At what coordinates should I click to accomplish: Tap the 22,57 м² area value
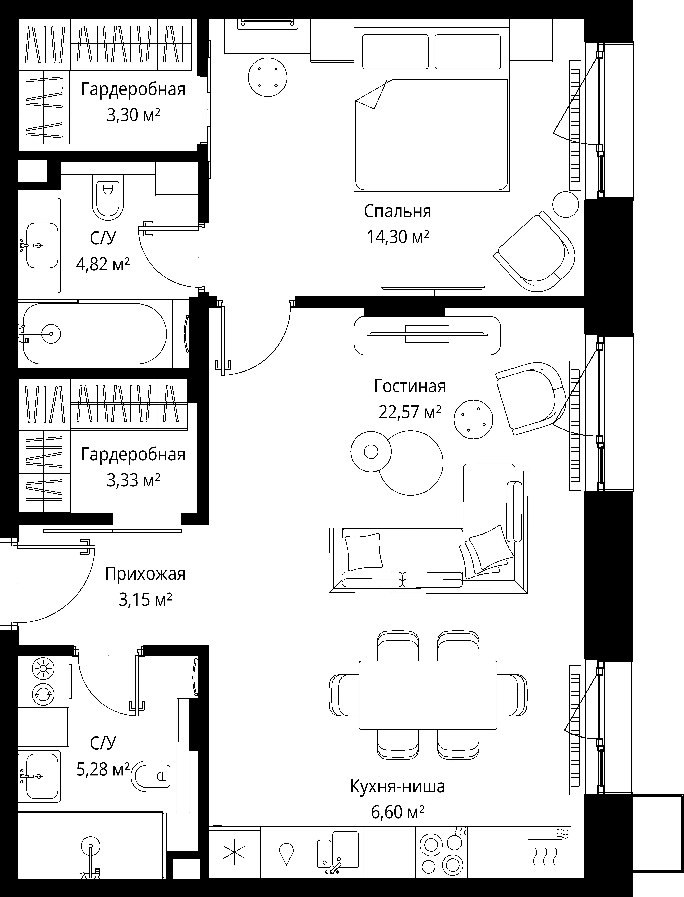coord(410,412)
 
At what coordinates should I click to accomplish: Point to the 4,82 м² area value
coord(103,264)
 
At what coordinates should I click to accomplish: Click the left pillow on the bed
coord(395,52)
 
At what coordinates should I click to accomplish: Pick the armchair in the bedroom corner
coord(535,251)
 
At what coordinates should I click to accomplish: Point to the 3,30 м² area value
coord(133,116)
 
